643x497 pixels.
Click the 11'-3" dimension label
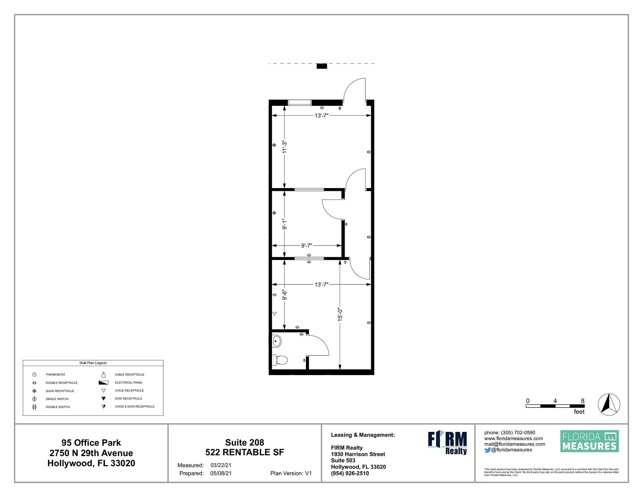pos(284,147)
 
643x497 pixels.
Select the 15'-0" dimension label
pos(340,314)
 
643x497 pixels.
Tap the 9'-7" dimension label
pos(306,246)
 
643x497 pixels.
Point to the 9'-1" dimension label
pos(284,224)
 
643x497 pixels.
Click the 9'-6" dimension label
pos(284,295)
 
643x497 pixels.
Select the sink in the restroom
pos(277,341)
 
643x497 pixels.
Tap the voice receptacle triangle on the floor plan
pos(274,314)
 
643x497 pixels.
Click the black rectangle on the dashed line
pos(321,66)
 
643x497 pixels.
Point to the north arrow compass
pos(609,404)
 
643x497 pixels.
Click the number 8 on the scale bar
pos(582,401)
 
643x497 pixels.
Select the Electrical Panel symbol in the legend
pos(103,383)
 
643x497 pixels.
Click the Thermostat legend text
pos(55,375)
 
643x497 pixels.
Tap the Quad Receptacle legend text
pos(60,391)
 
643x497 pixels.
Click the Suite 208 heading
pos(245,442)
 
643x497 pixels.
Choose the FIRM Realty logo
pos(447,443)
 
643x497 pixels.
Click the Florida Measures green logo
pos(589,441)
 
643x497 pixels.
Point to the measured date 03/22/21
pos(221,465)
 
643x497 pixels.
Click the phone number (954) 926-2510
pos(350,473)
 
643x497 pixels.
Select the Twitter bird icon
pos(487,450)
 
